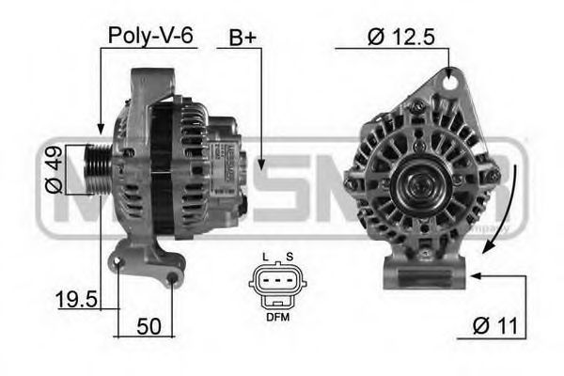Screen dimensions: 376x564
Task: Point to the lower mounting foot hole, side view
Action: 173,278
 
